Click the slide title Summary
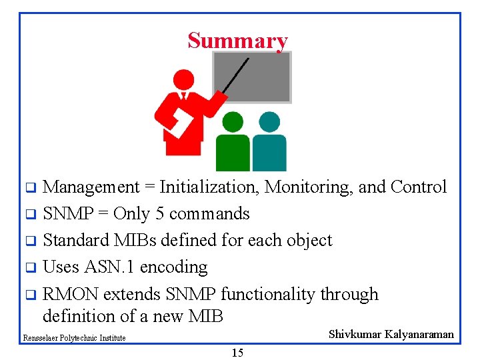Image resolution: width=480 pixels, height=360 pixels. click(237, 41)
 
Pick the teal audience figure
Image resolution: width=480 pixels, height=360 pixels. click(269, 143)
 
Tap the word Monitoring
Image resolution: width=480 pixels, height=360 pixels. click(309, 187)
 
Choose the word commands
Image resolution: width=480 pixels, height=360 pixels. click(209, 214)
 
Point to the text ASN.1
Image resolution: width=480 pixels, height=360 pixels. click(108, 267)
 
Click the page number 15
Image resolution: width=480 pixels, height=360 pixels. click(237, 353)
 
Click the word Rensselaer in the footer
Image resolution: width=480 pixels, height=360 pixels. click(39, 338)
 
